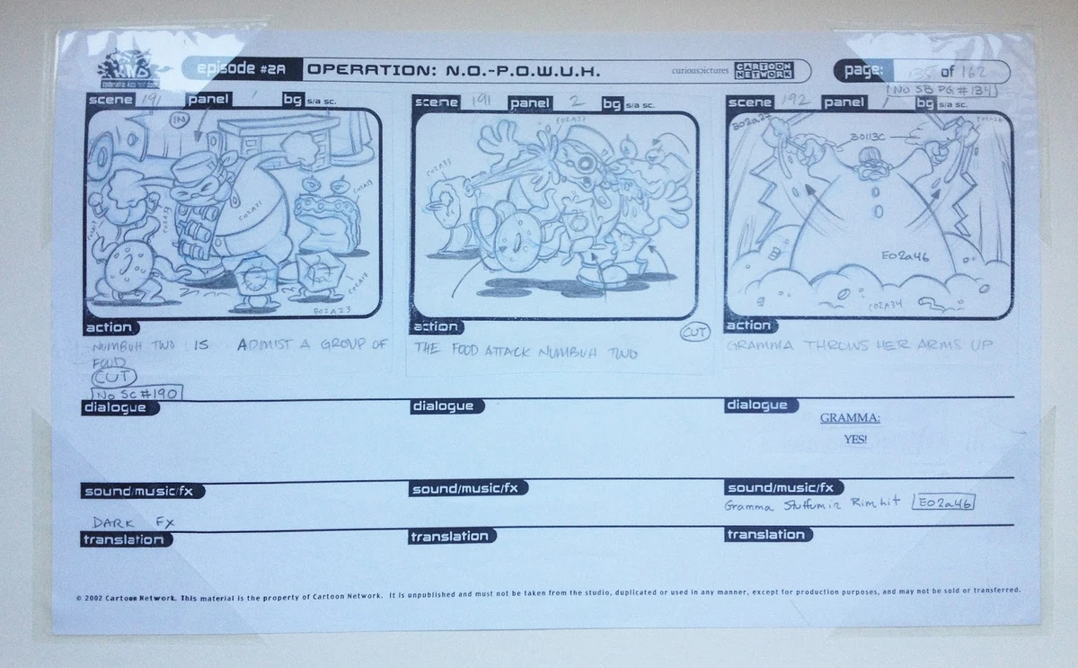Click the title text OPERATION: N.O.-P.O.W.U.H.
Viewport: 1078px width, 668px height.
453,70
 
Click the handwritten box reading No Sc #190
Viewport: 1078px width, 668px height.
137,392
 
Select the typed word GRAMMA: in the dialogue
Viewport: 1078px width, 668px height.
849,418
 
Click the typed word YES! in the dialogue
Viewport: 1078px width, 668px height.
855,440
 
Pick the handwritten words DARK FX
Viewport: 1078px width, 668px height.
132,521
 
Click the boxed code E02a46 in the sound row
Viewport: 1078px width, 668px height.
943,503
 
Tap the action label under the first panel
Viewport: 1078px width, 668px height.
109,328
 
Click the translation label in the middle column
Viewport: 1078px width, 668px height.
449,537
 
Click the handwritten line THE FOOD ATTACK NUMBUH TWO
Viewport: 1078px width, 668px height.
526,352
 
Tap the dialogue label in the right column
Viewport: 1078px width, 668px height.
755,405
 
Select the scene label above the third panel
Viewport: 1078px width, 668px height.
750,102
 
